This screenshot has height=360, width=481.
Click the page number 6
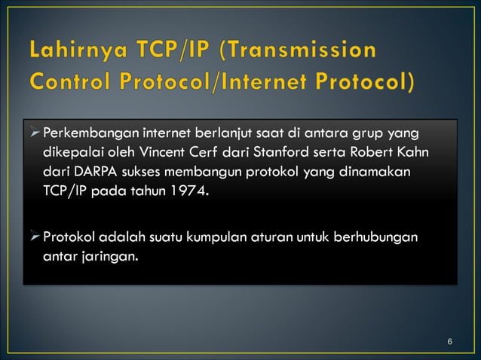point(449,343)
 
